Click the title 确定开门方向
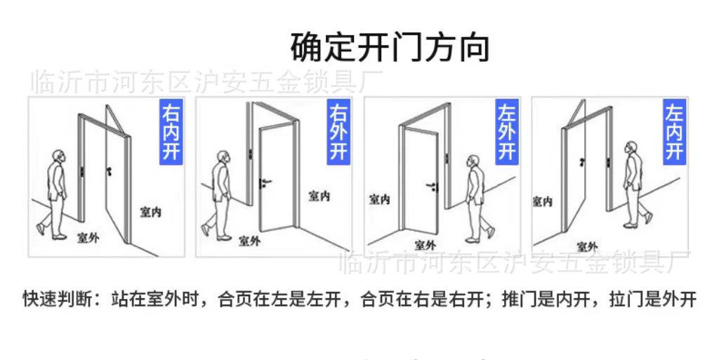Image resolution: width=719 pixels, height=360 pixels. click(390, 48)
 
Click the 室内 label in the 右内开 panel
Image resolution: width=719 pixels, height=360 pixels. click(150, 211)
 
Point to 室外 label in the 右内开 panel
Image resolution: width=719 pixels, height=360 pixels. click(88, 239)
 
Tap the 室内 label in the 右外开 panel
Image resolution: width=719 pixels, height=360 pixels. click(319, 196)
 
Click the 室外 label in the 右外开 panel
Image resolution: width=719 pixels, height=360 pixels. click(249, 241)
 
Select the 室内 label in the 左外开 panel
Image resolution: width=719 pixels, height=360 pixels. click(379, 200)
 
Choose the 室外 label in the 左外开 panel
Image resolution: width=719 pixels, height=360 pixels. click(425, 245)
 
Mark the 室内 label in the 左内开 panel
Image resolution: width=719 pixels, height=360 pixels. click(542, 201)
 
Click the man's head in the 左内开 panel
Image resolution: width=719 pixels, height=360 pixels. click(631, 149)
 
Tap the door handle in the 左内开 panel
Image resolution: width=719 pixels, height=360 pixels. click(582, 162)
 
